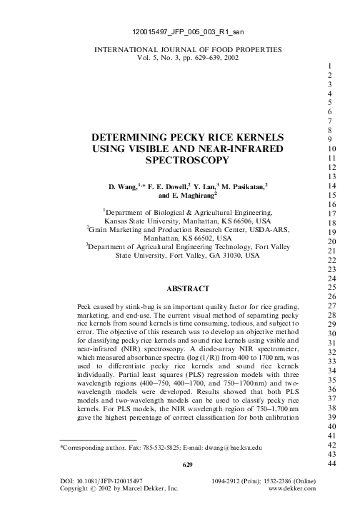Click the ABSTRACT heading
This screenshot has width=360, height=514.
point(186,289)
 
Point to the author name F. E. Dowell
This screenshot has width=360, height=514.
point(170,186)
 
